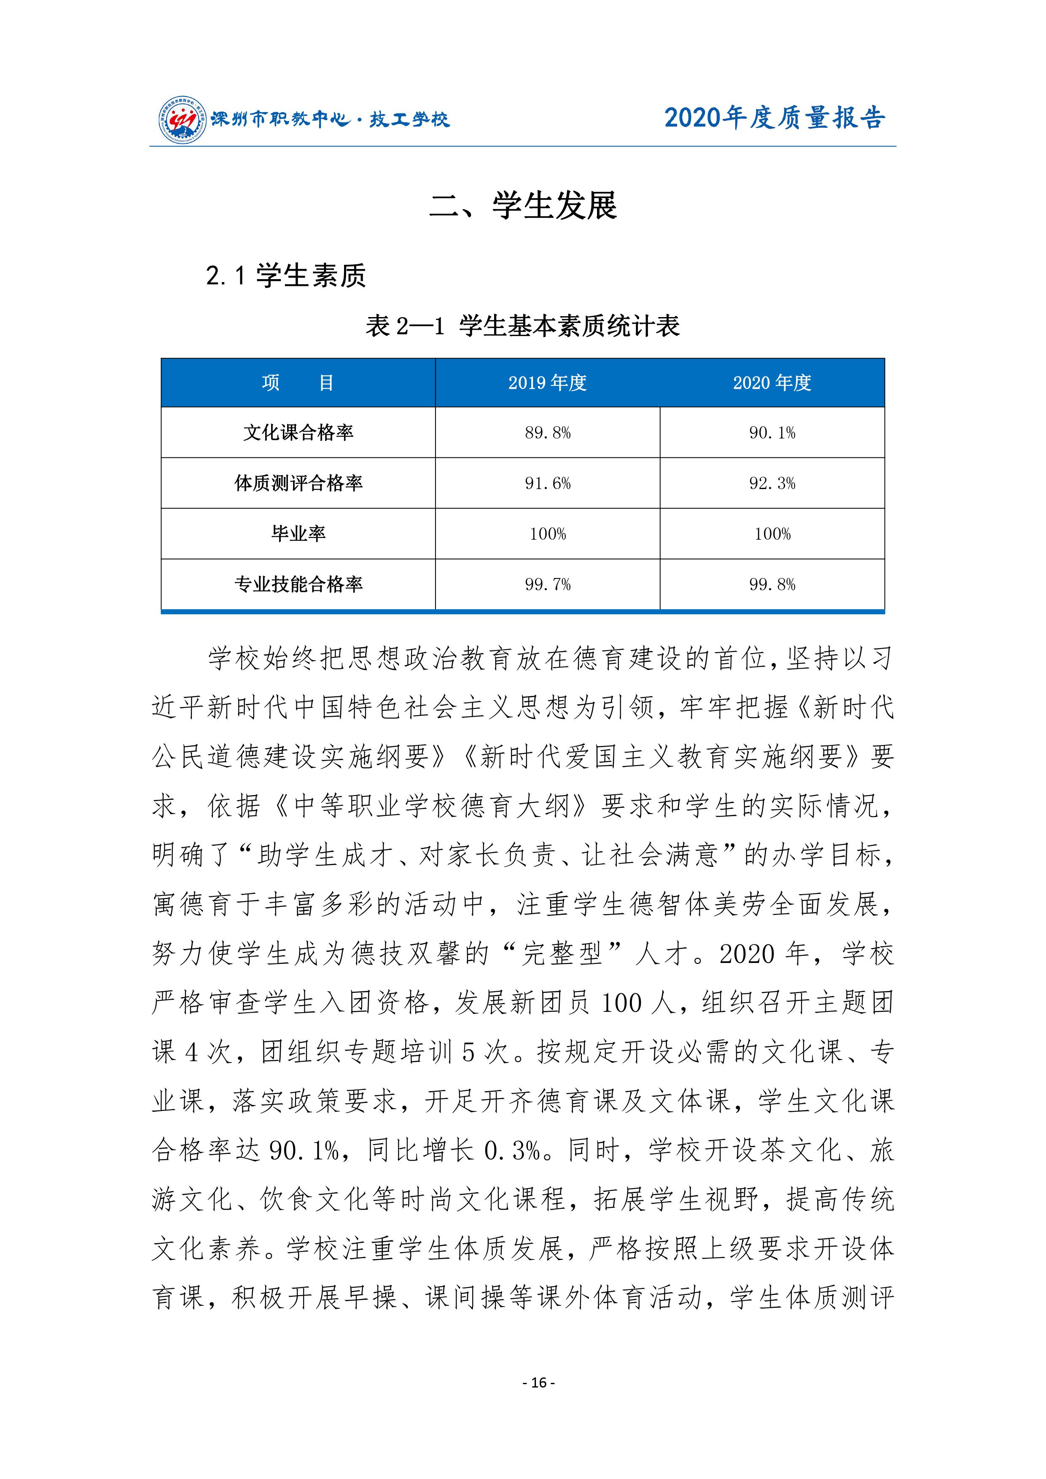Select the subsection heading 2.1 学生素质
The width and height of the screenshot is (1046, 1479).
[x=286, y=276]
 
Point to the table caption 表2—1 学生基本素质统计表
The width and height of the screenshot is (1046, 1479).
[x=522, y=326]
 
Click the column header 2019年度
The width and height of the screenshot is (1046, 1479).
[x=548, y=383]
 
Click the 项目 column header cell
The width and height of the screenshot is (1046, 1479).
[x=298, y=383]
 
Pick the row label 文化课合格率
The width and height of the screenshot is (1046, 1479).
[x=298, y=432]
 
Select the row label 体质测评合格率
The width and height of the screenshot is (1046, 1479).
[x=298, y=483]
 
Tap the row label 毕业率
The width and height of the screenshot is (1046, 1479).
[x=298, y=533]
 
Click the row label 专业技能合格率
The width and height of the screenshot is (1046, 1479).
[x=298, y=584]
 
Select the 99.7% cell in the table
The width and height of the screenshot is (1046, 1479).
[x=548, y=584]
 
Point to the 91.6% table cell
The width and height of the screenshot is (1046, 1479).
[x=548, y=483]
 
